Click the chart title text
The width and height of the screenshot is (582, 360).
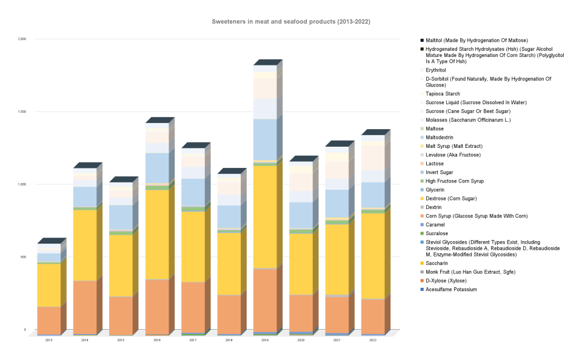coord(291,21)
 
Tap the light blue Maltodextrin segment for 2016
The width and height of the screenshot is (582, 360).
coord(157,167)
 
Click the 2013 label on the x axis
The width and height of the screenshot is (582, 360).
coord(49,341)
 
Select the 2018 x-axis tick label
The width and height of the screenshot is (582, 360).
coord(229,341)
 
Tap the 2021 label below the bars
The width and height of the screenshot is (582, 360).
coord(336,341)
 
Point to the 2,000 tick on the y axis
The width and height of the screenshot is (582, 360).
coord(22,39)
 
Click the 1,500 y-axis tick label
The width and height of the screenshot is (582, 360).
coord(22,112)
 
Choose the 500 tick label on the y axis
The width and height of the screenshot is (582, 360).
coord(24,257)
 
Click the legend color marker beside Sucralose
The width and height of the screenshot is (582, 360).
coord(422,233)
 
